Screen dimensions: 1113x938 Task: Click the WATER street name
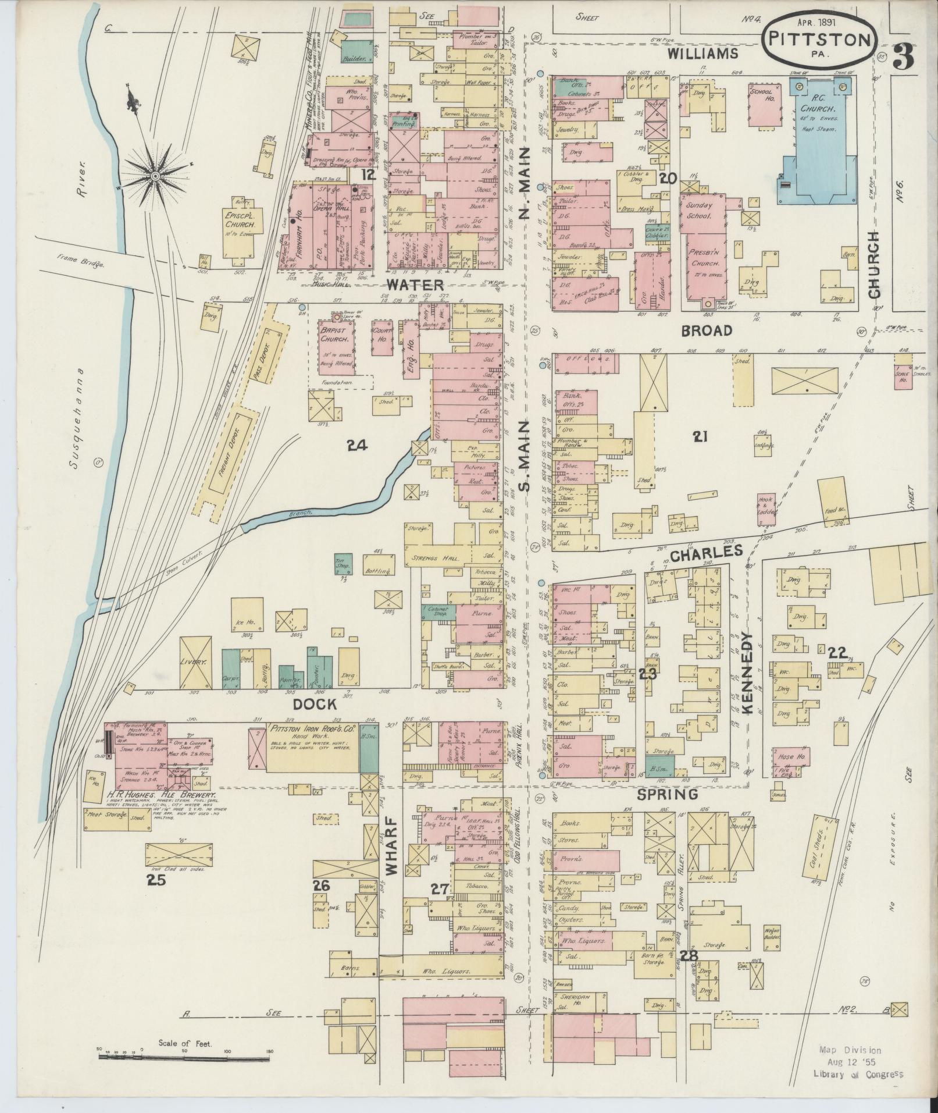(x=415, y=285)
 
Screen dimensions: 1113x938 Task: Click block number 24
(x=358, y=446)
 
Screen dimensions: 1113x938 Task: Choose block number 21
(x=700, y=436)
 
